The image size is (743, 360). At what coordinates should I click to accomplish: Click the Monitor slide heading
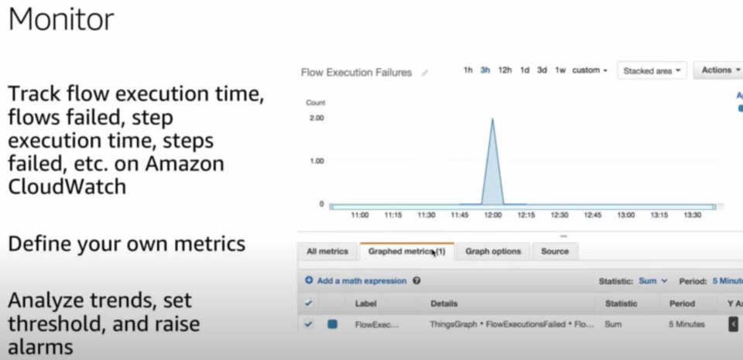coord(61,20)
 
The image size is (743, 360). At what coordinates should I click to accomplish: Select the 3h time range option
coord(485,70)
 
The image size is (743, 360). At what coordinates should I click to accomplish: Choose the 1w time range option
coord(560,70)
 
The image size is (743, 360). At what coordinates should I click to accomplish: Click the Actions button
coord(719,70)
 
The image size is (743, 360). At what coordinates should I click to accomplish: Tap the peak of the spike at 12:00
coord(492,119)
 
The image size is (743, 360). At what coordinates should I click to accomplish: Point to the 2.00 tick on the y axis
coord(316,118)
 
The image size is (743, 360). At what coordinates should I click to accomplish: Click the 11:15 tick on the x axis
coord(393,215)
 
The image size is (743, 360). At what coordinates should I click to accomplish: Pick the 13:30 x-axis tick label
coord(693,215)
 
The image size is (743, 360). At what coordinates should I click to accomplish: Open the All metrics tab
coord(327,252)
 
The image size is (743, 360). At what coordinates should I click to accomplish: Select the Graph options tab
coord(493,252)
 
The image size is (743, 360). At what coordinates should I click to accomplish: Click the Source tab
coord(555,252)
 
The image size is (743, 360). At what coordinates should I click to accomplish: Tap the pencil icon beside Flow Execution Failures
coord(424,74)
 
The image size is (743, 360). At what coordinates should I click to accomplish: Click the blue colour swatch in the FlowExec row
coord(332,324)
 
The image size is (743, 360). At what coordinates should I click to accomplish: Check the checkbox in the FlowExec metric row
coord(309,324)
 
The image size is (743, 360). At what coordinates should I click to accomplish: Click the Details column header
coord(444,303)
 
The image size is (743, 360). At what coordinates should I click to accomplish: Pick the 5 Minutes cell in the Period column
coord(687,324)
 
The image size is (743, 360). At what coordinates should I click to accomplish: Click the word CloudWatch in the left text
coord(67,187)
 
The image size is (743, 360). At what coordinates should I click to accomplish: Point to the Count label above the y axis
coord(316,102)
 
